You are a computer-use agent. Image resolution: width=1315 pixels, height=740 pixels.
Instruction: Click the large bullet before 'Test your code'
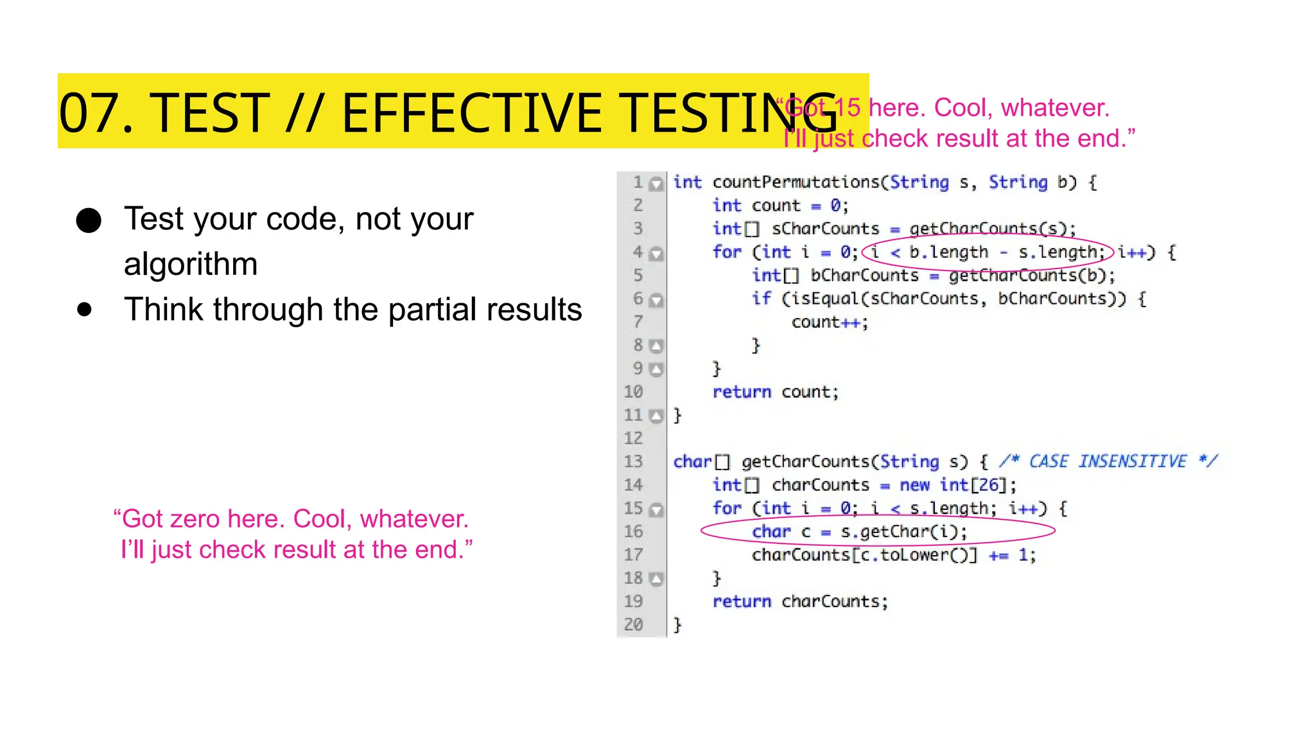point(89,220)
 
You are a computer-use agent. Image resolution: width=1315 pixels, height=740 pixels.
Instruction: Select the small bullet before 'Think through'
point(84,310)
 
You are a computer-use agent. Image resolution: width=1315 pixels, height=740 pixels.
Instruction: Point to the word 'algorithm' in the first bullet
point(191,264)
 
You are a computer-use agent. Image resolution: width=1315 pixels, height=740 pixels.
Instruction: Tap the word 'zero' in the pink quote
point(195,519)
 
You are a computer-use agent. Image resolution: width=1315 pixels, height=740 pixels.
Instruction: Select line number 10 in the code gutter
point(633,392)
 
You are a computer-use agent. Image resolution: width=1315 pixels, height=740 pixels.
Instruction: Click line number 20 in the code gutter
point(633,624)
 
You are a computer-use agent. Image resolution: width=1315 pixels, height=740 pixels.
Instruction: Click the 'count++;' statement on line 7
point(830,322)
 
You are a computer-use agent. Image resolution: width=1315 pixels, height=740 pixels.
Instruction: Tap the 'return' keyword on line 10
point(742,392)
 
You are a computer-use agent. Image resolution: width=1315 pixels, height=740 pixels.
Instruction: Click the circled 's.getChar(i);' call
point(903,532)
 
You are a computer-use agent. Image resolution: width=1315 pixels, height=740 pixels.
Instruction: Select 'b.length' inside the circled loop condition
point(948,252)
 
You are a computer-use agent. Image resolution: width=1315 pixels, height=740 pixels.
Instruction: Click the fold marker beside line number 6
point(656,300)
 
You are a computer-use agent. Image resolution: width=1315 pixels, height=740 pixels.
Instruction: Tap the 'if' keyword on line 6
point(761,299)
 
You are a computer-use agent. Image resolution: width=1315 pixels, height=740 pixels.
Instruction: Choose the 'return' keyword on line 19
point(742,601)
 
